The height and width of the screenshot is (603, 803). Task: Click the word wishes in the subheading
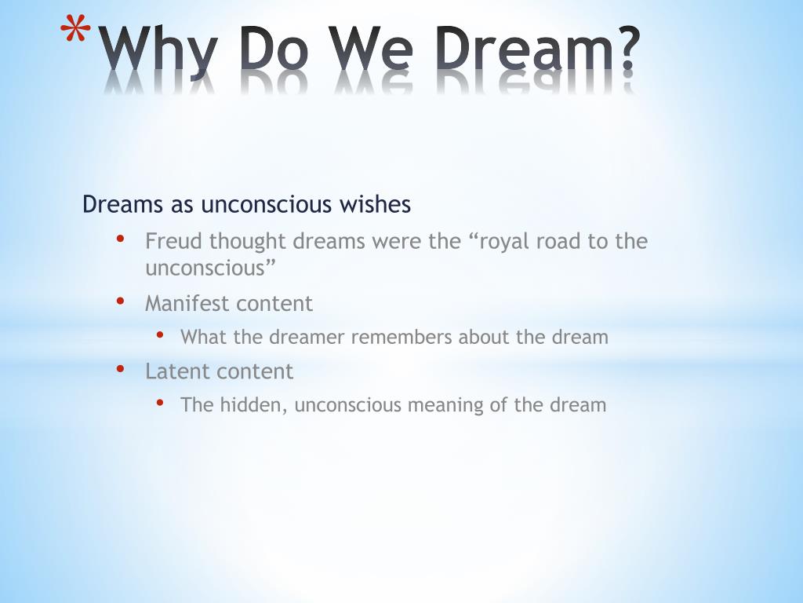(x=375, y=205)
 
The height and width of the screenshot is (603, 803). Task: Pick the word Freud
(x=173, y=241)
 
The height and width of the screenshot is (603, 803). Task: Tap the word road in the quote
(x=560, y=241)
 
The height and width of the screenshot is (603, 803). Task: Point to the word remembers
(x=401, y=338)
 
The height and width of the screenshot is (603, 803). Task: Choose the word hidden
(x=253, y=405)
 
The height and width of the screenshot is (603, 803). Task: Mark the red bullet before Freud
(x=120, y=238)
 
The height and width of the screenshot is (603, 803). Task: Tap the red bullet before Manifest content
(x=120, y=300)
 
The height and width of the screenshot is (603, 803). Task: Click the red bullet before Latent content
(x=120, y=367)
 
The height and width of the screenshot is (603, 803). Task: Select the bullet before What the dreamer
(x=160, y=334)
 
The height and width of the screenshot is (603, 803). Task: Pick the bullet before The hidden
(x=160, y=402)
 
